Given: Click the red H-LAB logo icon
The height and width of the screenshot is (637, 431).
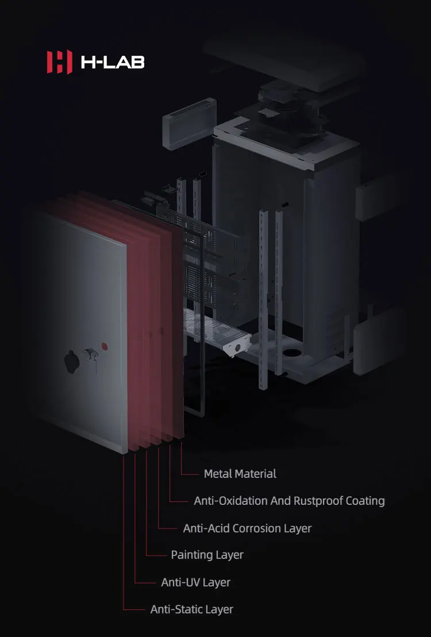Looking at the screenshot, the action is (x=59, y=61).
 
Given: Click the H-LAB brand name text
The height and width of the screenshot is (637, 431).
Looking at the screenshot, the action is (x=113, y=61).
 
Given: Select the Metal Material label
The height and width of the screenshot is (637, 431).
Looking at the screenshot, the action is (x=240, y=474).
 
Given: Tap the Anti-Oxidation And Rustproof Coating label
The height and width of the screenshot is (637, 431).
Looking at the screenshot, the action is (x=289, y=501).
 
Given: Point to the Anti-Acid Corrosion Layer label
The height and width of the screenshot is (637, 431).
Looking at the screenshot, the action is (x=247, y=528).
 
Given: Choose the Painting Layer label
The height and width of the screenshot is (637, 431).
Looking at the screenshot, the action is (x=207, y=555).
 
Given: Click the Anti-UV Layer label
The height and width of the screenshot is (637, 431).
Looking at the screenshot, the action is (x=195, y=582).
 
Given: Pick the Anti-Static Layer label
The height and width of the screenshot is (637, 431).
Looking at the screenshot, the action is (x=191, y=609).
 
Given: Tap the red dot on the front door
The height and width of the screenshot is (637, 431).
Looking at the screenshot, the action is (x=105, y=346).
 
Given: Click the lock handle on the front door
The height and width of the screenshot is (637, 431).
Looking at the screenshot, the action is (x=89, y=355).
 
